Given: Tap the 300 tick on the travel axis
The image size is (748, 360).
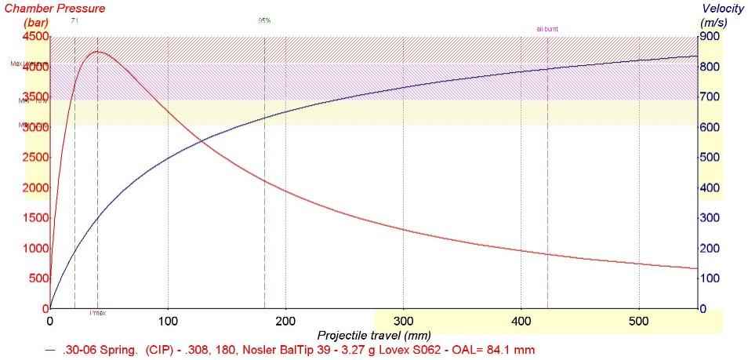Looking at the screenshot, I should click(403, 321).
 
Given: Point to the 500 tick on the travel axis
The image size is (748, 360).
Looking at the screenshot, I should click(639, 321).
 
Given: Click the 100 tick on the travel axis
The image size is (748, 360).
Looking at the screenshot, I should click(168, 321).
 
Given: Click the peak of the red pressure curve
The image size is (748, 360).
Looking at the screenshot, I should click(98, 52).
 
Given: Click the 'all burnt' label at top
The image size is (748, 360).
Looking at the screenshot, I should click(547, 29).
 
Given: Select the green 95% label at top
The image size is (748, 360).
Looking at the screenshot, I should click(264, 20).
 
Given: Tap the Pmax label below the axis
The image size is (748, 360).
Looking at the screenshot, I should click(97, 314).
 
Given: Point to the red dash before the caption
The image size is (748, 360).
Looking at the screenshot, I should click(51, 349).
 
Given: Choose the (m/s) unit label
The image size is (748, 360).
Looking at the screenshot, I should click(714, 24).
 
